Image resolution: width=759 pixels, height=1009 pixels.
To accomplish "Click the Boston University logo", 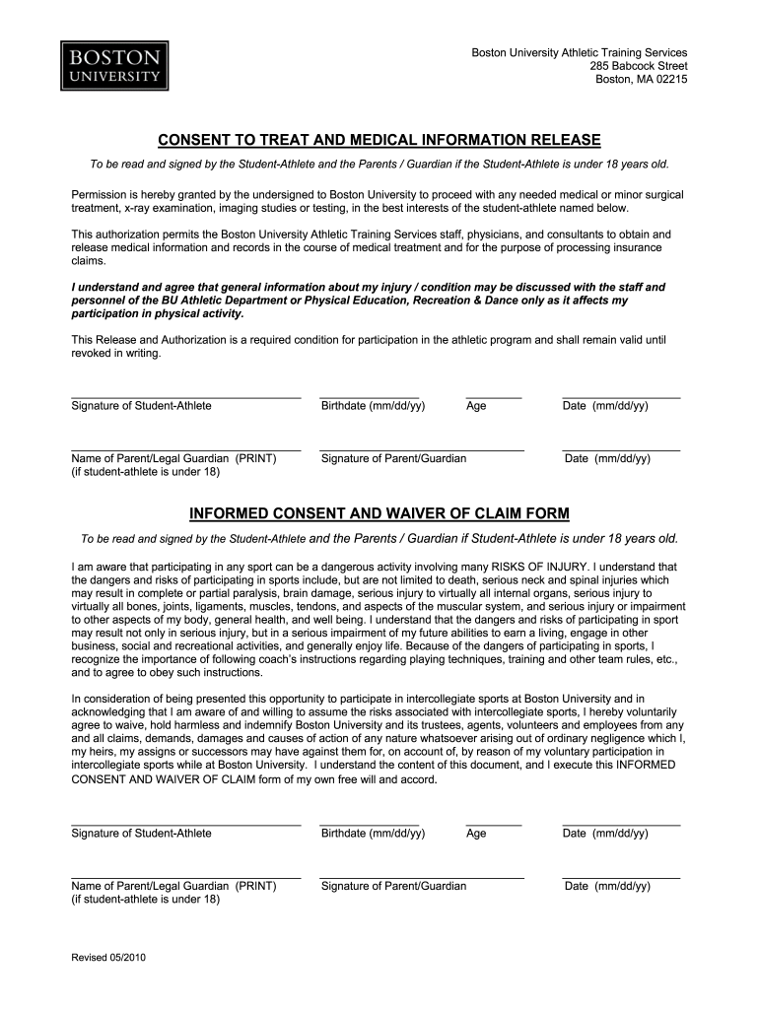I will coord(111,65).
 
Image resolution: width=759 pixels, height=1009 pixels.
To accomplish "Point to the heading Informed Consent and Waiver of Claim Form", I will coord(379,514).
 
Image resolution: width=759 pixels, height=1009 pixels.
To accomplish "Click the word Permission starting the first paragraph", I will coord(100,195).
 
